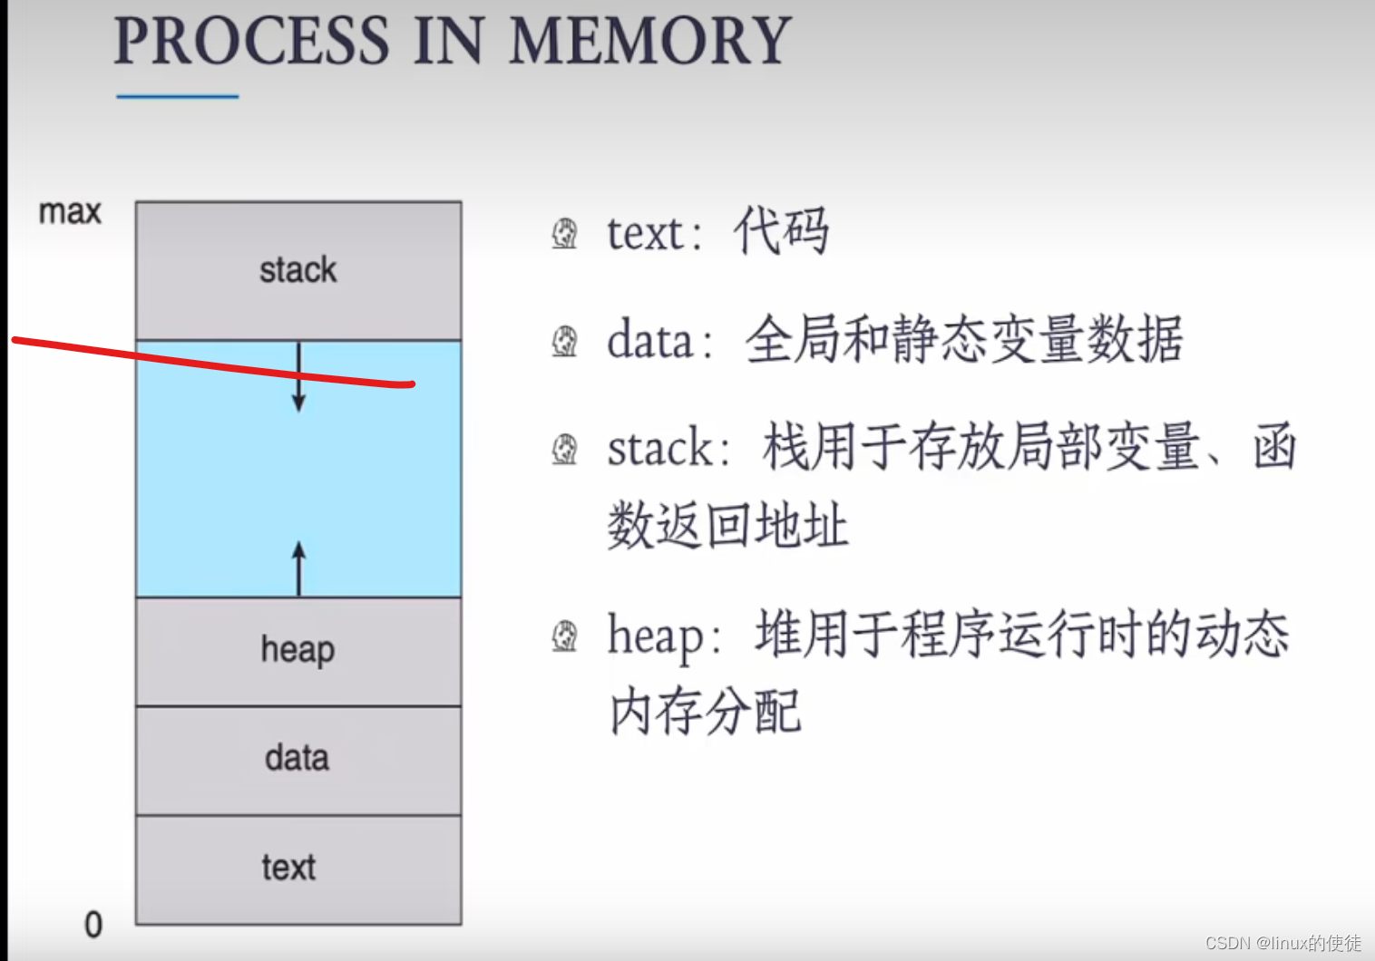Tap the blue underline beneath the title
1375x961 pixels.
pyautogui.click(x=178, y=96)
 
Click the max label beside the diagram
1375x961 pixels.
pyautogui.click(x=70, y=212)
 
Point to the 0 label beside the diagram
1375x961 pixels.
pyautogui.click(x=93, y=925)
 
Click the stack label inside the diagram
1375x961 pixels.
pyautogui.click(x=297, y=270)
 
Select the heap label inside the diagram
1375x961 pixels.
pyautogui.click(x=297, y=650)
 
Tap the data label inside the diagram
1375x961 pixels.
pyautogui.click(x=297, y=758)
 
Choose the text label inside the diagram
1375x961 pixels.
pyautogui.click(x=289, y=868)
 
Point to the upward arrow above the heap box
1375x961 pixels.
pyautogui.click(x=298, y=567)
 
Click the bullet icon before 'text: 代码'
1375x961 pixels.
pyautogui.click(x=565, y=233)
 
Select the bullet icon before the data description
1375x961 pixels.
pyautogui.click(x=565, y=342)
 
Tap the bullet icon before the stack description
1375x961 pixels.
pyautogui.click(x=565, y=449)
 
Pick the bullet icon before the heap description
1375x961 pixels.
pyautogui.click(x=565, y=636)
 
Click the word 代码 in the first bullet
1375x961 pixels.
pyautogui.click(x=781, y=231)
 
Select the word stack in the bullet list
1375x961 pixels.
pyautogui.click(x=660, y=449)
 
